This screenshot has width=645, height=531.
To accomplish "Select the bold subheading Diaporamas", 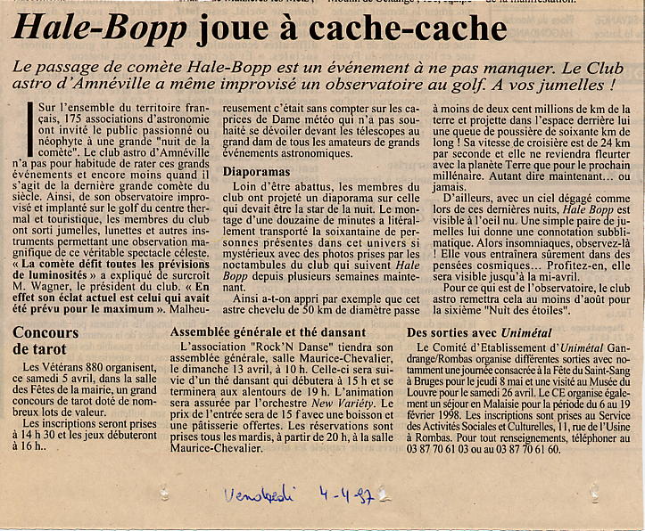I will (256, 169).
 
